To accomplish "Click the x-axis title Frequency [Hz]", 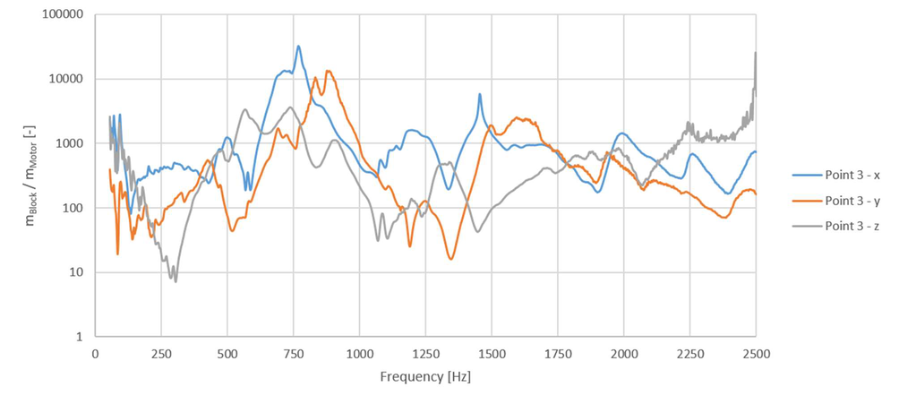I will [425, 376].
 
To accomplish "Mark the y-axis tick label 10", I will [74, 272].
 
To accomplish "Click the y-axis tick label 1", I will [78, 337].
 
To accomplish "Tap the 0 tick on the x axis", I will [95, 353].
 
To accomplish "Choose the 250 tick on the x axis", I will [161, 353].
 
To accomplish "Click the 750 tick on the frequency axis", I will [293, 353].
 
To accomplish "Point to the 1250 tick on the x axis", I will [425, 353].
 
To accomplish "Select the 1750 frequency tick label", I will [557, 353].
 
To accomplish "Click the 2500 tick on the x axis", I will [756, 353].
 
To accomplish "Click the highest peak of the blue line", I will [298, 47].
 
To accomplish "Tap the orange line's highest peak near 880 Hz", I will [329, 71].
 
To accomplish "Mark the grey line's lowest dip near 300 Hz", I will [176, 281].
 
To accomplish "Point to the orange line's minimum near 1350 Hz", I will [450, 260].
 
